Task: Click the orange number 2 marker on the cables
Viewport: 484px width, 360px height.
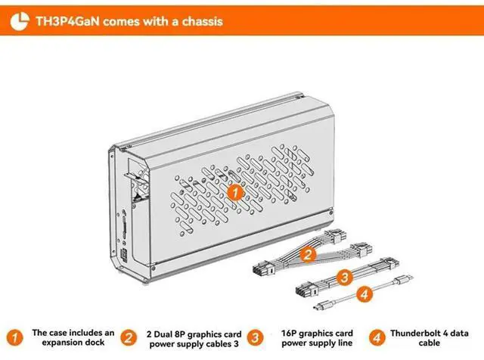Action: (307, 254)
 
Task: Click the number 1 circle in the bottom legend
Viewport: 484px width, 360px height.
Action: (16, 337)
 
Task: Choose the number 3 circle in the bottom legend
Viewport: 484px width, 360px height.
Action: (257, 337)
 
